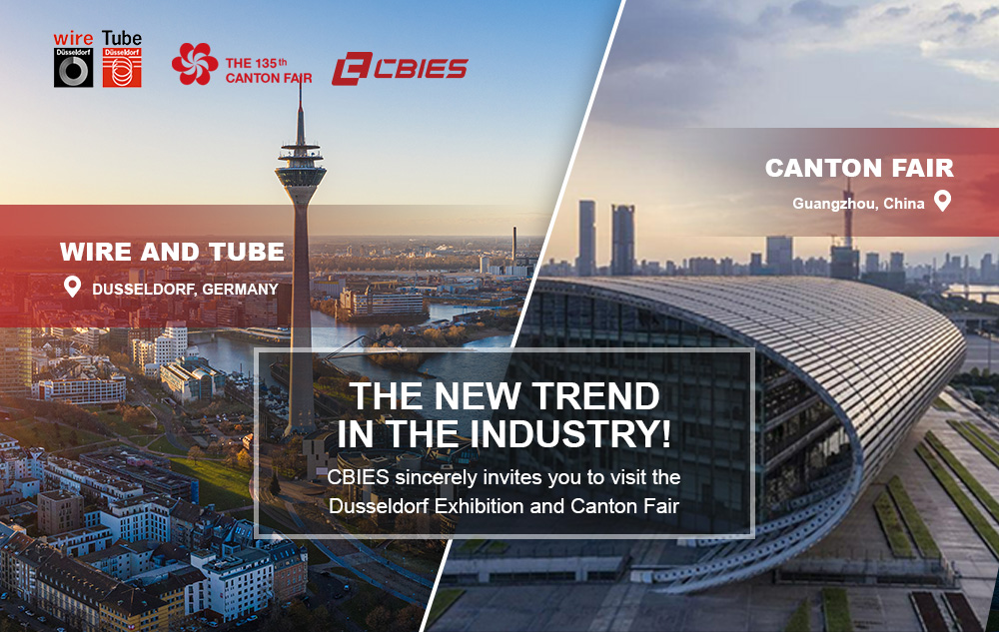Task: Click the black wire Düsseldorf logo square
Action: point(73,68)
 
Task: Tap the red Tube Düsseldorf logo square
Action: point(122,68)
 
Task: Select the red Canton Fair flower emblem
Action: point(195,64)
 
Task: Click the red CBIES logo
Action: point(400,69)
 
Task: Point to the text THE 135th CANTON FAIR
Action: point(268,71)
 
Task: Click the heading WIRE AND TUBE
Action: point(172,252)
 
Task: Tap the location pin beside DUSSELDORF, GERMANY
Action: point(73,287)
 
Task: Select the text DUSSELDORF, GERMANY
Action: point(185,290)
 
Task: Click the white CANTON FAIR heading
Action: point(859,168)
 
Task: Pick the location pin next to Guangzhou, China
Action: point(942,201)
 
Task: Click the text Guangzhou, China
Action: point(858,204)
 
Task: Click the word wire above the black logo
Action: point(73,39)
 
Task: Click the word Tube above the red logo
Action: point(122,38)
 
